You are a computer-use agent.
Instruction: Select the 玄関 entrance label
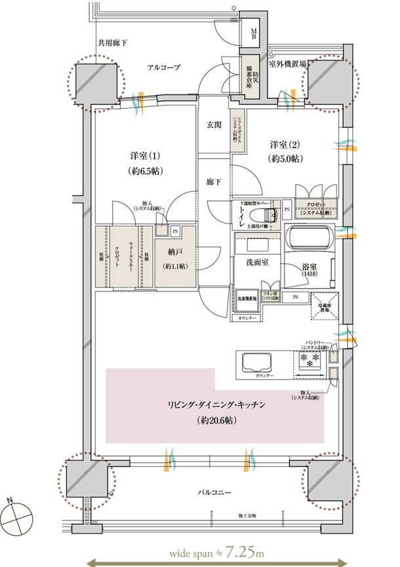coord(214,125)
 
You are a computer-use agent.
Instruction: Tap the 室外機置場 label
coord(289,64)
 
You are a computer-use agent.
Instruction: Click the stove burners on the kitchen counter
coord(308,359)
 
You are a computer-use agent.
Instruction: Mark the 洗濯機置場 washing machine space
coord(247,299)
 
